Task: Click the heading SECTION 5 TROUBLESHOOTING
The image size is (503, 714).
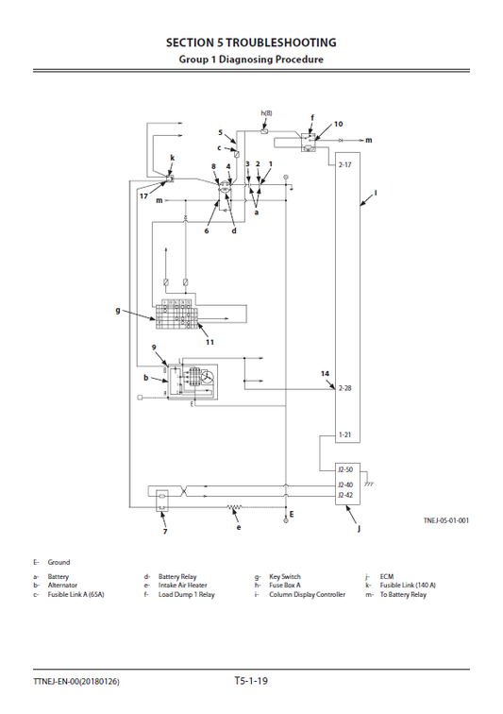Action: coord(251,42)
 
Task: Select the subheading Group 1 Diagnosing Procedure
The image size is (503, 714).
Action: coord(251,59)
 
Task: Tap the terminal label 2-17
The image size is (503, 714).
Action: coord(345,165)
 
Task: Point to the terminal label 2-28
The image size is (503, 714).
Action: coord(345,388)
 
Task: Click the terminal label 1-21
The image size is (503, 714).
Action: coord(345,434)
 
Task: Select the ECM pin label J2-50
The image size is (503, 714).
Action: coord(346,469)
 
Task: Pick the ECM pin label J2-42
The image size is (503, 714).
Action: coord(346,494)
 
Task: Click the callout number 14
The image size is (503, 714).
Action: coord(325,374)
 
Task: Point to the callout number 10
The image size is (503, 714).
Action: coord(339,124)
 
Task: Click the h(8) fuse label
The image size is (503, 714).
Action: coord(266,113)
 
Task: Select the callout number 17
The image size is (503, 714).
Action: coord(144,196)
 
